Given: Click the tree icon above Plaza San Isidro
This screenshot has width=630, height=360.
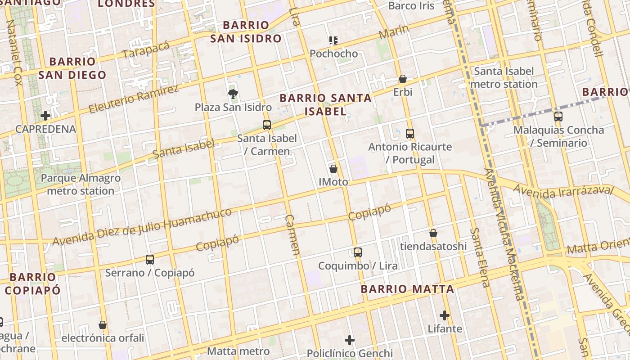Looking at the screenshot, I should click(x=233, y=94).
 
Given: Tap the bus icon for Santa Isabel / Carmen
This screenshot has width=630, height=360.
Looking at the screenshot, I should click(x=267, y=125).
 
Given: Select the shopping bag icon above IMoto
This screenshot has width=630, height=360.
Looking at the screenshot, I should click(x=333, y=169).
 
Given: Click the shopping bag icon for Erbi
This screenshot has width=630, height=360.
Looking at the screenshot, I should click(x=403, y=79).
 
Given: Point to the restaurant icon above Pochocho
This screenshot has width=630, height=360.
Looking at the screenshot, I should click(x=333, y=40).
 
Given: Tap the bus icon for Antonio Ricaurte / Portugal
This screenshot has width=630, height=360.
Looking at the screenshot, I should click(x=409, y=133).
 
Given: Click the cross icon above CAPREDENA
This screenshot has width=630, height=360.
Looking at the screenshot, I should click(x=45, y=116).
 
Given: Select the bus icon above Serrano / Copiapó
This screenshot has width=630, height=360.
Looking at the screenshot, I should click(x=150, y=259).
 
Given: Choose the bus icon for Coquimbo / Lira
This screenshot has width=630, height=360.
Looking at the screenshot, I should click(x=358, y=252).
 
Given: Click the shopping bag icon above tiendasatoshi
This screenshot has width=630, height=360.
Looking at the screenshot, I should click(x=433, y=233).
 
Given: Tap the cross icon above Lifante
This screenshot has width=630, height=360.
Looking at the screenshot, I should click(x=445, y=315).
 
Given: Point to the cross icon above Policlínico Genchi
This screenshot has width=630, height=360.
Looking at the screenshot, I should click(x=350, y=340).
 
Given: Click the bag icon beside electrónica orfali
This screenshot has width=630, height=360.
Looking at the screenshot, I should click(x=103, y=325).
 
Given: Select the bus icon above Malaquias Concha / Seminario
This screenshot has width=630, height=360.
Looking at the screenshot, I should click(x=558, y=117).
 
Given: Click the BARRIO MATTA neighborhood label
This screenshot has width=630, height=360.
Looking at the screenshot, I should click(x=407, y=289).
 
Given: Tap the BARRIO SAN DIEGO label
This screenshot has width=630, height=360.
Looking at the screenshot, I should click(x=72, y=68).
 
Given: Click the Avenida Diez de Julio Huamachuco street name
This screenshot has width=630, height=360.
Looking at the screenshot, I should click(x=142, y=227).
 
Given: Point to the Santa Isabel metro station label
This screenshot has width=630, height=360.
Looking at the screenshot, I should click(x=504, y=77).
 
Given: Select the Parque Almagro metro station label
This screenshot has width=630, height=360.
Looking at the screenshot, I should click(x=81, y=184).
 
